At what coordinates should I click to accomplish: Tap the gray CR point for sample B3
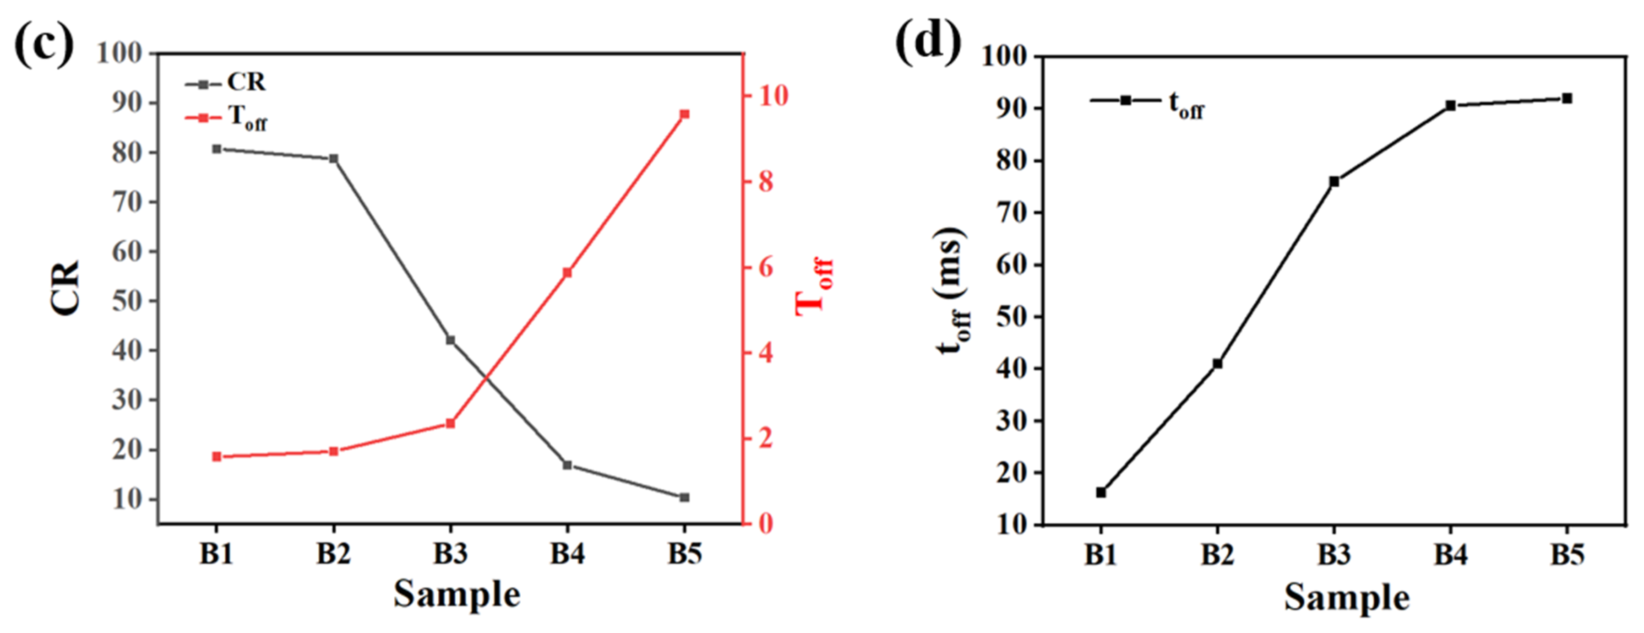(451, 340)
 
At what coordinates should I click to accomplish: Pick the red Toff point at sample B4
(567, 272)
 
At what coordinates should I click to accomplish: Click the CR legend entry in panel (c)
(227, 83)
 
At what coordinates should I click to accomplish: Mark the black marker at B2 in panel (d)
(1218, 364)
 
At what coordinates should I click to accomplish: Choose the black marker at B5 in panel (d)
(1567, 98)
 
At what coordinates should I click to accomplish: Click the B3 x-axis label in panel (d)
(1334, 555)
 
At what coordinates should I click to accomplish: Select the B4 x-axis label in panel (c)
(567, 554)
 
